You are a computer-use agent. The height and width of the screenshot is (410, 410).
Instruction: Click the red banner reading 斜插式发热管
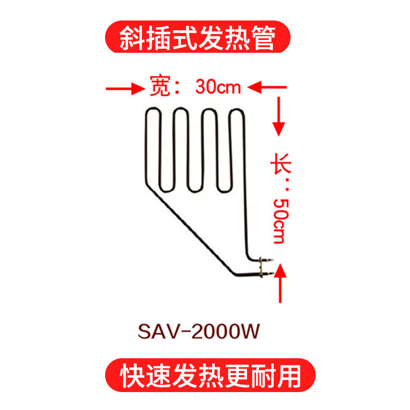coord(198,37)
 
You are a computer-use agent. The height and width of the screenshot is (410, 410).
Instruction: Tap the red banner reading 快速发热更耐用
coord(210,375)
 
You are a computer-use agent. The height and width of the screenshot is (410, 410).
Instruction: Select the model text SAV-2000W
coord(198,332)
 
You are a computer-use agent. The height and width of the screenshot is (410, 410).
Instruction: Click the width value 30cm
coord(218,87)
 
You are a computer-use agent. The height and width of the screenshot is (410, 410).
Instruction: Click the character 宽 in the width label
coord(160,86)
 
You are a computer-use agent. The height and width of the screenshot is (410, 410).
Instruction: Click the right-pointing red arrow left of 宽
coord(126,89)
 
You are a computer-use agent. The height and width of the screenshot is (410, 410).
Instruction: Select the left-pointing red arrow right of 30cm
coord(267,87)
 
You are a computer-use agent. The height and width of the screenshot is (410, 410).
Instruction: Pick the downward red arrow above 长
coord(279,117)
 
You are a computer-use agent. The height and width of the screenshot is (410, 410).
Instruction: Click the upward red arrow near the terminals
coord(280,283)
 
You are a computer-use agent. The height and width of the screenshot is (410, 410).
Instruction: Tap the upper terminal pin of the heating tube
coord(266,260)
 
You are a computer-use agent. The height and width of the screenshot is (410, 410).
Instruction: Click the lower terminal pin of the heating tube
coord(267,274)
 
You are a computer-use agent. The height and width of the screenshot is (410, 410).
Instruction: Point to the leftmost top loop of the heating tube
coord(153,108)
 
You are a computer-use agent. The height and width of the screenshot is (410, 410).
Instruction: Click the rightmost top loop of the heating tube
coord(237,110)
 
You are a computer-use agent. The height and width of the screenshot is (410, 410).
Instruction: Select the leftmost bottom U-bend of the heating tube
coord(166,191)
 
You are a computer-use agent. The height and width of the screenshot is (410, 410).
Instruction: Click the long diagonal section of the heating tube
coord(190,230)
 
